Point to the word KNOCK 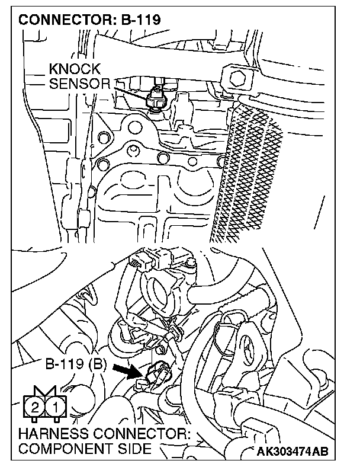(x=75, y=70)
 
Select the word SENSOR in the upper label (x=79, y=84)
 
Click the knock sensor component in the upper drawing (x=158, y=97)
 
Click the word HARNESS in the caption (x=52, y=434)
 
